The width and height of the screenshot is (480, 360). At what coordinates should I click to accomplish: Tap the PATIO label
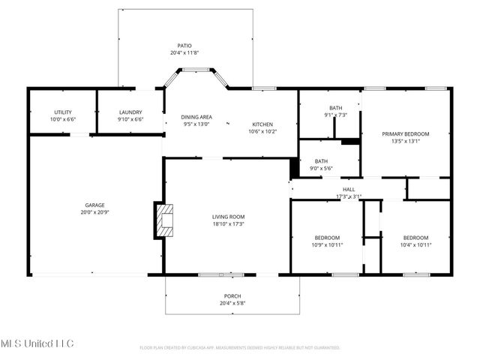pyautogui.click(x=184, y=46)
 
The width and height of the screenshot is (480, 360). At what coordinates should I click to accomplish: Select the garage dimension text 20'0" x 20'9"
pyautogui.click(x=94, y=212)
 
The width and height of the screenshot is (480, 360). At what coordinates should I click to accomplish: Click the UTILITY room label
pyautogui.click(x=63, y=112)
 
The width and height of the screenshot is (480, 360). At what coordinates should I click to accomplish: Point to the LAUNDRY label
pyautogui.click(x=130, y=112)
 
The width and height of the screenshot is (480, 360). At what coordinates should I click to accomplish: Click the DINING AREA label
pyautogui.click(x=197, y=117)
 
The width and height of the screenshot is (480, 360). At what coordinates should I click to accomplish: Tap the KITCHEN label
pyautogui.click(x=262, y=124)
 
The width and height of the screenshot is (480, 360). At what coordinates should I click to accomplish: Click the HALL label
pyautogui.click(x=349, y=190)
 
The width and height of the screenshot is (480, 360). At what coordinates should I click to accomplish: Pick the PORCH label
pyautogui.click(x=232, y=296)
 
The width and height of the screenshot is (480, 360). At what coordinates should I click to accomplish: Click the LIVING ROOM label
pyautogui.click(x=228, y=217)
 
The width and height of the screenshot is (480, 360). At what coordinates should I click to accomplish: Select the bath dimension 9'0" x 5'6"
pyautogui.click(x=321, y=169)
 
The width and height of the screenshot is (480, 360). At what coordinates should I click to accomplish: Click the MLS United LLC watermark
pyautogui.click(x=37, y=343)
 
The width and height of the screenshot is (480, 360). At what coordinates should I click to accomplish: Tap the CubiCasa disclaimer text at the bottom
pyautogui.click(x=240, y=348)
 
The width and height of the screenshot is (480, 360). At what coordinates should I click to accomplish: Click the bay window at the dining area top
pyautogui.click(x=197, y=70)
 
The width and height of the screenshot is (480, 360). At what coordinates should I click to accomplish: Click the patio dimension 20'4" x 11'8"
pyautogui.click(x=184, y=53)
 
